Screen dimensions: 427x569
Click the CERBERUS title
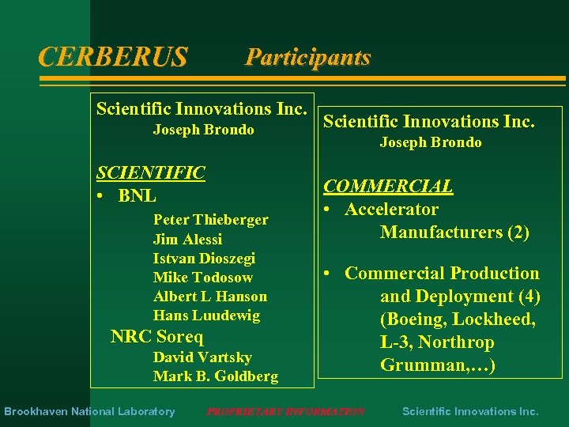click(113, 57)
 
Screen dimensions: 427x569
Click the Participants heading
click(307, 57)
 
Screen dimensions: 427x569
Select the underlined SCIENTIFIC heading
click(150, 173)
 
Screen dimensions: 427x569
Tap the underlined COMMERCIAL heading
click(388, 187)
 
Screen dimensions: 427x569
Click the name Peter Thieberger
click(210, 220)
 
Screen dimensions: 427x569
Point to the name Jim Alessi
click(187, 239)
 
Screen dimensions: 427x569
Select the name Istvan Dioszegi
click(204, 259)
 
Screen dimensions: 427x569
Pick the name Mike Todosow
click(203, 278)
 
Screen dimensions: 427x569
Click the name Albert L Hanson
click(210, 297)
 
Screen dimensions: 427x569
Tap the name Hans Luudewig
click(206, 316)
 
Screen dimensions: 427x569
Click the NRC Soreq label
click(156, 336)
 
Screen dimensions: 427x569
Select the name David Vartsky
click(202, 357)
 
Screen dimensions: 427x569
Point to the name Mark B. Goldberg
click(216, 376)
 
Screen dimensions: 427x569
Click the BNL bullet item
click(137, 195)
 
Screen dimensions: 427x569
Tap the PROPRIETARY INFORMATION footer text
click(285, 411)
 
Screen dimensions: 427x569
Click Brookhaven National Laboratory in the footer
click(89, 411)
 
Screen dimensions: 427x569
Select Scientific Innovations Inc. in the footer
click(470, 411)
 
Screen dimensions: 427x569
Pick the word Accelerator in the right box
click(391, 210)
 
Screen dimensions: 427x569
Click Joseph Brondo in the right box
click(431, 142)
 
